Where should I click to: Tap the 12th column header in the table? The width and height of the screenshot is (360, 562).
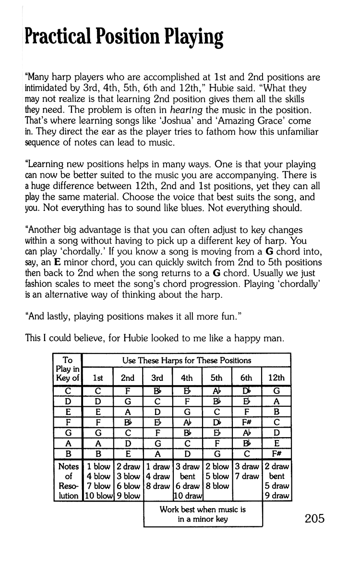277,378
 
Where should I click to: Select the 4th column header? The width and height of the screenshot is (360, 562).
188,378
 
